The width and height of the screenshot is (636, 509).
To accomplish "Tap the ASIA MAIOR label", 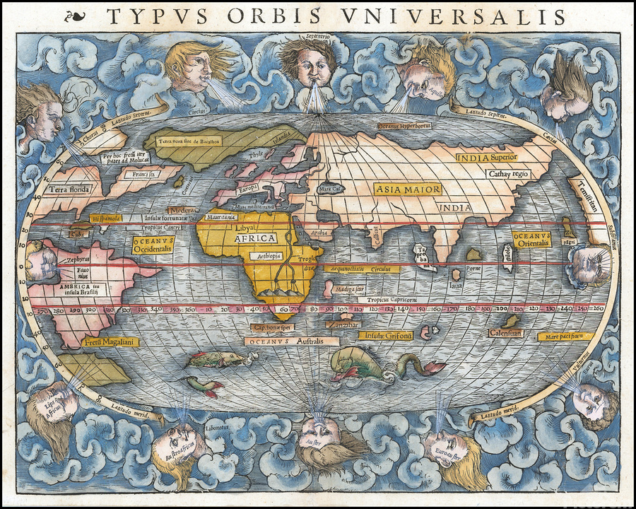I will click(408, 189).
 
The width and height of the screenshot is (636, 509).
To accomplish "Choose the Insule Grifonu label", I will click(389, 336).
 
